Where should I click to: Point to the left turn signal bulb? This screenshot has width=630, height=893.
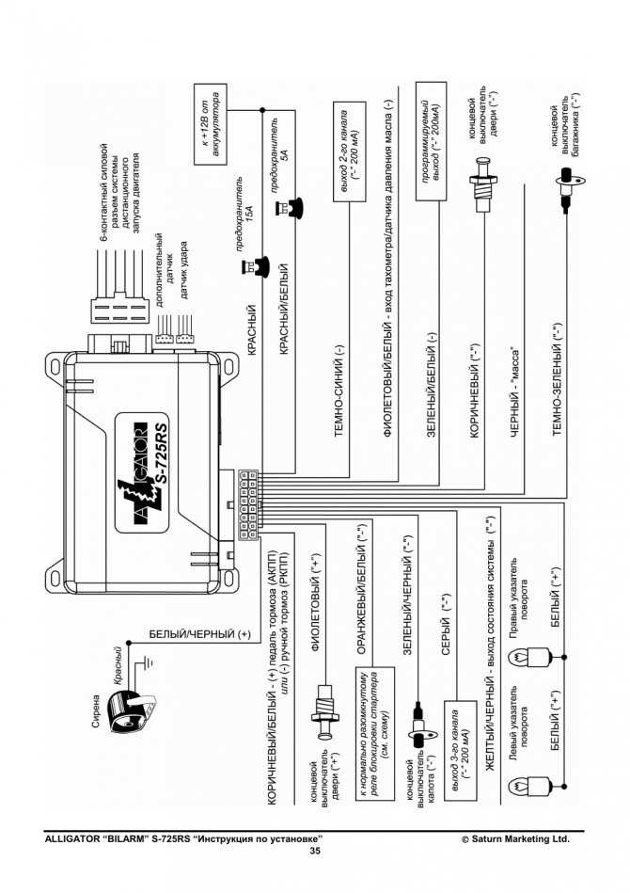coord(534,786)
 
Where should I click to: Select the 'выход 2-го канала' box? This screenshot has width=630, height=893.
coord(350,152)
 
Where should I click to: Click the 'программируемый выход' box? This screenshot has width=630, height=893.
coord(431,141)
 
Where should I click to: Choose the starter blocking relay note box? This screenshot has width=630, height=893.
coord(375,734)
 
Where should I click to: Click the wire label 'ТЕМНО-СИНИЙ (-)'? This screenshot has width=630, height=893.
coord(339,391)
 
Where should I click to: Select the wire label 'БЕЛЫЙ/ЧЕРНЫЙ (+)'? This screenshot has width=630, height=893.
coord(199,634)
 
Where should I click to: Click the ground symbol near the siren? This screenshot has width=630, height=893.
coord(148,662)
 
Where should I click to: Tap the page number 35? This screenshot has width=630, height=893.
coord(315,851)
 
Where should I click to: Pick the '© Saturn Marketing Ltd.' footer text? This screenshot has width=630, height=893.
coord(515,839)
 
